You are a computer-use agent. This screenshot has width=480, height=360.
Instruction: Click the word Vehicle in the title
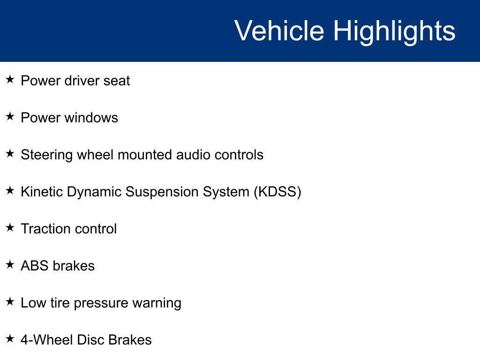click(279, 30)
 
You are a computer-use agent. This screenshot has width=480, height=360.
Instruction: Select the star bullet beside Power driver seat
click(10, 79)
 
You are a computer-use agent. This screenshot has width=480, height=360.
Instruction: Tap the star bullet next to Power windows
click(10, 116)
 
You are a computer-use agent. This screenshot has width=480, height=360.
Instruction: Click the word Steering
click(46, 155)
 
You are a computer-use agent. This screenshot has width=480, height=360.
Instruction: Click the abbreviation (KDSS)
click(277, 192)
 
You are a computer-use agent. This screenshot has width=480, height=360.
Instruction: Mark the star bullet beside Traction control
click(10, 227)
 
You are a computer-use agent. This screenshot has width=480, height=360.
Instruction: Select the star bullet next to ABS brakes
click(10, 264)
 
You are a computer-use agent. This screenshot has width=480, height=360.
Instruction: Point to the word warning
click(157, 303)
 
